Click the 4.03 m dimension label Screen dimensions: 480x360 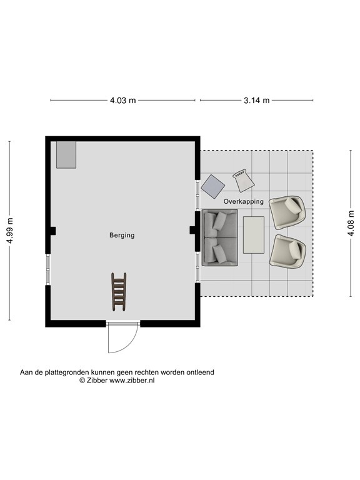point(123,100)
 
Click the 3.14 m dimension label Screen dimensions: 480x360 point(257,100)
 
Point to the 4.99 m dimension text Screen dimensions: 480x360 point(9,231)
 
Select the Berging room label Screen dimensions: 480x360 point(122,236)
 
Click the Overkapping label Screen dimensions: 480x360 point(243,202)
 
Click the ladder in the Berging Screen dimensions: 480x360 point(119,291)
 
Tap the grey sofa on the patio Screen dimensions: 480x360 point(219,237)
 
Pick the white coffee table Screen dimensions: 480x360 point(254,234)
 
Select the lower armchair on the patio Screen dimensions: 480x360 point(287,251)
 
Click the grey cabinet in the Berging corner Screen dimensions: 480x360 point(66,154)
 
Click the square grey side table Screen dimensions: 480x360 point(212,186)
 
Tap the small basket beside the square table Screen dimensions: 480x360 point(243,181)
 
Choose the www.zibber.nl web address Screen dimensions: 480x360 point(132,380)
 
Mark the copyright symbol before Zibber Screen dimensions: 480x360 point(82,380)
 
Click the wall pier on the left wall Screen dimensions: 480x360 point(51,231)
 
